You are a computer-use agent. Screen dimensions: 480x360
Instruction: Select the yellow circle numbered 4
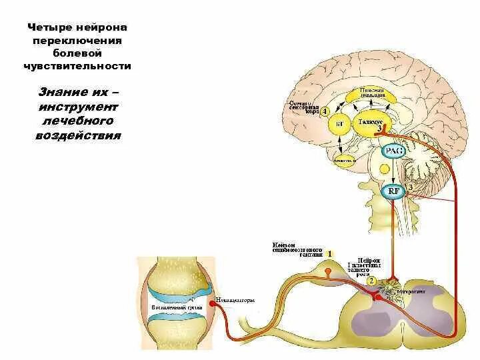(325, 112)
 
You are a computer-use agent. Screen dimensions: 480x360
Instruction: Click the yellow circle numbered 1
(329, 254)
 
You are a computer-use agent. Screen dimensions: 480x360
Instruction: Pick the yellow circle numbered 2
(371, 281)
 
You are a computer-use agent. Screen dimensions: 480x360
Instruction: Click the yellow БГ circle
(339, 125)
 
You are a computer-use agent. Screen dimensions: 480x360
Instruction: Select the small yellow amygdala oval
(345, 159)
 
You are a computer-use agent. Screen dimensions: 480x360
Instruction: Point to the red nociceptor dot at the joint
(213, 303)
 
